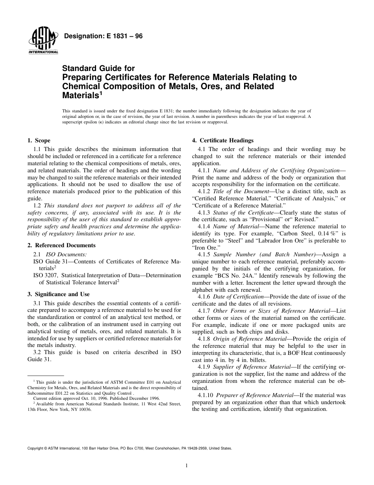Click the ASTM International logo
pyautogui.click(x=43, y=43)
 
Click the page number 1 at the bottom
pyautogui.click(x=187, y=466)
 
